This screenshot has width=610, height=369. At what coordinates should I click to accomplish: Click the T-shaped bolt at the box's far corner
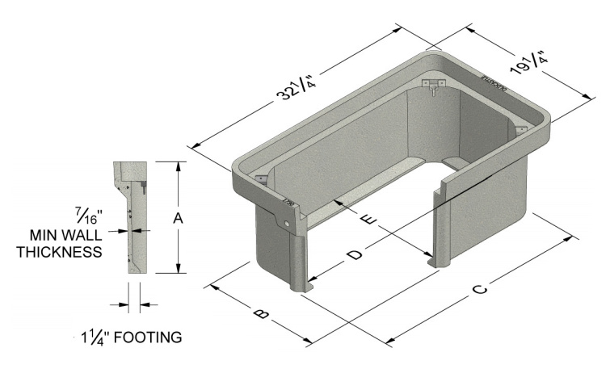(x=435, y=89)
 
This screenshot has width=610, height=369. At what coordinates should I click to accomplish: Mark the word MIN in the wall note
(x=48, y=235)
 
